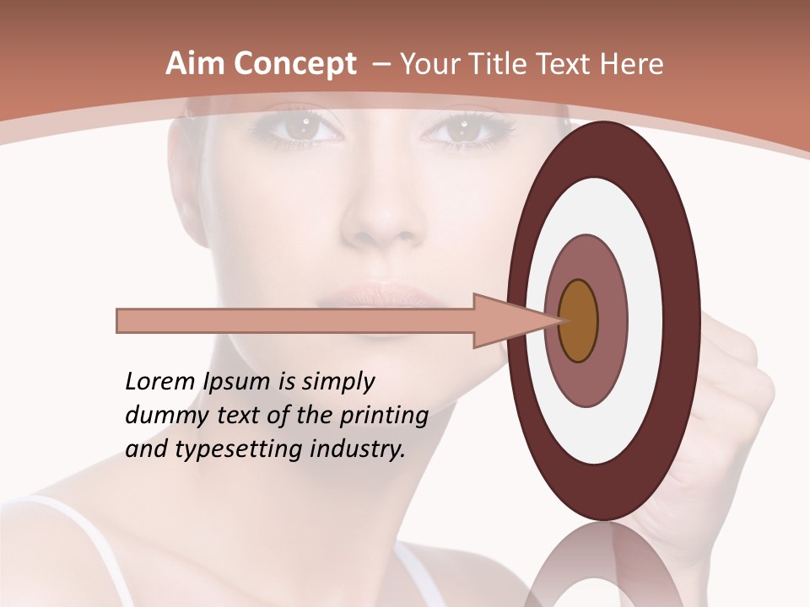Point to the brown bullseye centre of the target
(x=579, y=320)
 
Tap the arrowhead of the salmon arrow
(x=506, y=320)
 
